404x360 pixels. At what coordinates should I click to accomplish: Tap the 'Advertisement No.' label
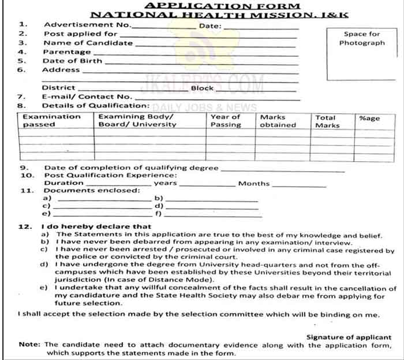[x=87, y=25]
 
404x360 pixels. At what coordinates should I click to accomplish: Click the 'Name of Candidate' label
[x=88, y=43]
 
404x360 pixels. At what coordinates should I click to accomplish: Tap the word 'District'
[x=58, y=88]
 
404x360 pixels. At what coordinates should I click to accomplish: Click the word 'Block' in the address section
[x=202, y=88]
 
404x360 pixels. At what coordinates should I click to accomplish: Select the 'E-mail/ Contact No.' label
[x=87, y=97]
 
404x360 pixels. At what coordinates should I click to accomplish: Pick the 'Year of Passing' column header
[x=226, y=120]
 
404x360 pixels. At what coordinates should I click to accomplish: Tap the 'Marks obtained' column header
[x=278, y=120]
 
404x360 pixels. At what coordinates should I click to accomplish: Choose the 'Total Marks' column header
[x=327, y=121]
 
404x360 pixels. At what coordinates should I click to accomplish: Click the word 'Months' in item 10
[x=253, y=184]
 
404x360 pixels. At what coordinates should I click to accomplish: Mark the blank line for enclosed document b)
[x=211, y=199]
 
